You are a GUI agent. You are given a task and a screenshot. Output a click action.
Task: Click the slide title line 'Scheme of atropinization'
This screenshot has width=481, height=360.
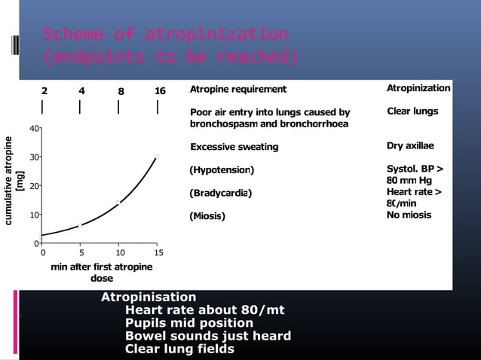165,35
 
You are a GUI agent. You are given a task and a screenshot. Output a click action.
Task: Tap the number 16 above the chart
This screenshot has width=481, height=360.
160,91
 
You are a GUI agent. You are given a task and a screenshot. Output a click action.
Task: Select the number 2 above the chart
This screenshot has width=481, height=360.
44,91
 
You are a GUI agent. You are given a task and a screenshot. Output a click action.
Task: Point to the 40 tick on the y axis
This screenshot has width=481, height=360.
34,129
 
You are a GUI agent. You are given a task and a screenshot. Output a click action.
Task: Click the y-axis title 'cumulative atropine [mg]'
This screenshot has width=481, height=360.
14,181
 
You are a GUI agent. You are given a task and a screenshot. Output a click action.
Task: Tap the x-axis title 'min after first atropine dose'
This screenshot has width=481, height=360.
101,272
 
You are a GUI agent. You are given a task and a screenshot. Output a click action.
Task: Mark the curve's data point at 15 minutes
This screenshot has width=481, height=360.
157,157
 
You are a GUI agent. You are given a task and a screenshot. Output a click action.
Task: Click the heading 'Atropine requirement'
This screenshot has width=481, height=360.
237,90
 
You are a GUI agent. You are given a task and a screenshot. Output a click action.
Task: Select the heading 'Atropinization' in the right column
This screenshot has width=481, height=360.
418,88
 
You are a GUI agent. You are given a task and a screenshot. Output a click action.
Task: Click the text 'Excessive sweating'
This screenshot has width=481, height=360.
234,147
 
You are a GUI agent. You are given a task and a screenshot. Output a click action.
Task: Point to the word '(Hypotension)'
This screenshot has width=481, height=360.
222,170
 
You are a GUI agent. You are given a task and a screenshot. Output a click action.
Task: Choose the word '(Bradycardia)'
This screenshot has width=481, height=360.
220,194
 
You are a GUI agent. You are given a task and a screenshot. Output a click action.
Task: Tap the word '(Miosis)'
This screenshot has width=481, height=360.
207,217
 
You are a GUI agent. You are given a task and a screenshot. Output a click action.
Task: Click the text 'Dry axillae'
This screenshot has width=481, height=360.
409,145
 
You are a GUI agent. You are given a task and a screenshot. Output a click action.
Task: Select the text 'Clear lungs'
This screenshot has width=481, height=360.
412,111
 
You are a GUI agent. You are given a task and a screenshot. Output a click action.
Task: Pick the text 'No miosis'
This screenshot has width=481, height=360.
409,215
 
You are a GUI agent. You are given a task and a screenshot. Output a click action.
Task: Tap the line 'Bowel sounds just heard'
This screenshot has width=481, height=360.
207,336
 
